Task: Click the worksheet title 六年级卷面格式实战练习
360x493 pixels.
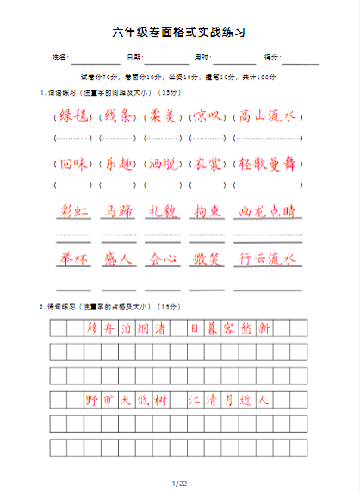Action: pyautogui.click(x=179, y=33)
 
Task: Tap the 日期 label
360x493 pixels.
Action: pyautogui.click(x=133, y=58)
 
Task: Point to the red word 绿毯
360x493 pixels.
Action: pyautogui.click(x=72, y=116)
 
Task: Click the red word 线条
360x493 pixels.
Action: pyautogui.click(x=116, y=116)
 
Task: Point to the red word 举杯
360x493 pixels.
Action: pyautogui.click(x=75, y=259)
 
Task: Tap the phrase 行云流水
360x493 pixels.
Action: pyautogui.click(x=267, y=259)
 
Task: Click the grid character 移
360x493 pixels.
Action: pyautogui.click(x=92, y=328)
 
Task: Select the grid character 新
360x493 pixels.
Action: pyautogui.click(x=264, y=328)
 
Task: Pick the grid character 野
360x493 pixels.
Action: pyautogui.click(x=92, y=400)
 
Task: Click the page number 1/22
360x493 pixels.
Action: pyautogui.click(x=179, y=483)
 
